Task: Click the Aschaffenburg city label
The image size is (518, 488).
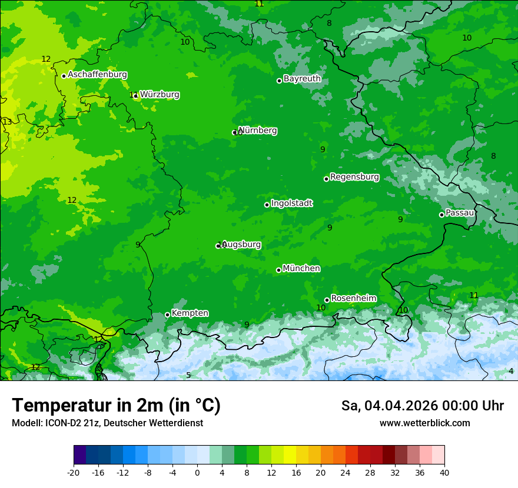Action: (97, 75)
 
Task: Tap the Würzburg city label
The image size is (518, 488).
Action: (160, 95)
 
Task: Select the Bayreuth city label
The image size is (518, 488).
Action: (302, 79)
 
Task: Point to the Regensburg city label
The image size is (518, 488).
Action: (354, 177)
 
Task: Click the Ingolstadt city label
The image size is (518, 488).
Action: (291, 203)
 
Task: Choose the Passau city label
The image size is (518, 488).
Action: (460, 213)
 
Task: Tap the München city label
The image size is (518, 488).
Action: (301, 269)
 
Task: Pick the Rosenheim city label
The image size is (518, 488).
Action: (353, 299)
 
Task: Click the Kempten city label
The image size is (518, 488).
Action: (190, 313)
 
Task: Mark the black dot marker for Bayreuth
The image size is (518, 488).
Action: (279, 81)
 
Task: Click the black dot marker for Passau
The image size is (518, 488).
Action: (441, 215)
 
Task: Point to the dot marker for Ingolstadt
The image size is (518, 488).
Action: (267, 205)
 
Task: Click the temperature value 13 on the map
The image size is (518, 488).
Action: (7, 122)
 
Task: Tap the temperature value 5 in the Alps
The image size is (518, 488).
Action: (188, 375)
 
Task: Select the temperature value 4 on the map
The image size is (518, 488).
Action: (511, 371)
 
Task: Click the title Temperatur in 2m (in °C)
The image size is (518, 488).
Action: (116, 406)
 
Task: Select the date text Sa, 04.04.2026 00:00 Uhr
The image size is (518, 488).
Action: (422, 406)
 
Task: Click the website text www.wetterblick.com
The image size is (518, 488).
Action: (424, 423)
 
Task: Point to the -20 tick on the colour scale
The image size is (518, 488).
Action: (74, 472)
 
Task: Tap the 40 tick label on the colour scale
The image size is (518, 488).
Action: (444, 472)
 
